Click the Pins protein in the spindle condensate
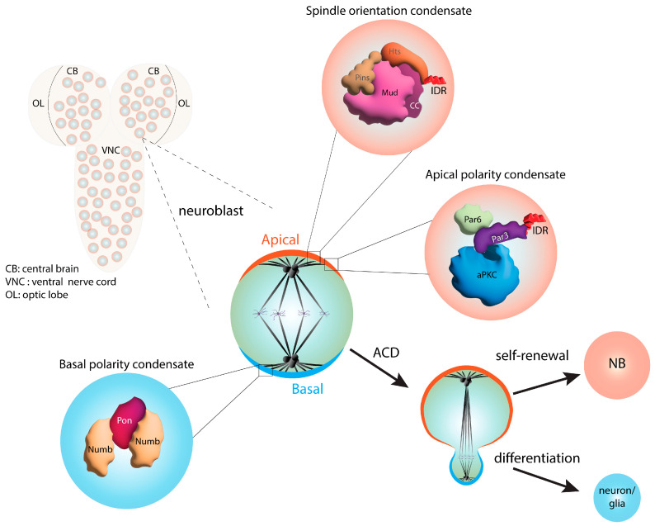pyautogui.click(x=361, y=79)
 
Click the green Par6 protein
pyautogui.click(x=469, y=219)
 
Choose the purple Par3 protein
pyautogui.click(x=504, y=237)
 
